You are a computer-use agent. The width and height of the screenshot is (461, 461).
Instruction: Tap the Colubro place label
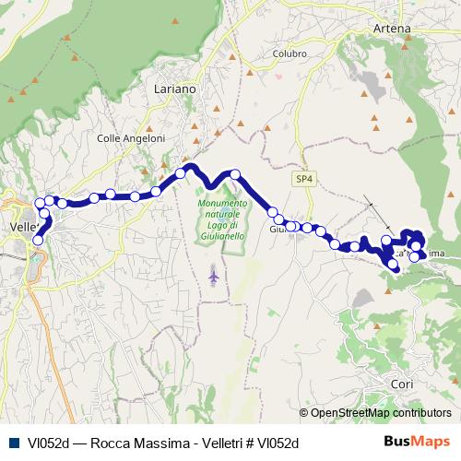pos(290,53)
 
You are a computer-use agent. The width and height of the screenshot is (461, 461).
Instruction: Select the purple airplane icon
pos(214,275)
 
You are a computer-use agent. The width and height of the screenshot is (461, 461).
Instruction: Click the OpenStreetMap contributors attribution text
pos(380,413)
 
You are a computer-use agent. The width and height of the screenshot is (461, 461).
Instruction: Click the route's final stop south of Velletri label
pos(38,241)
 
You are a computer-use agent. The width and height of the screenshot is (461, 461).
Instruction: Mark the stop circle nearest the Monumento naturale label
pos(235,174)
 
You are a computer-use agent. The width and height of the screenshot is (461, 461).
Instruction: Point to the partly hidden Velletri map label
pos(20,227)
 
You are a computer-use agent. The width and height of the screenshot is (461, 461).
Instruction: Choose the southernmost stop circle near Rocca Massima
pos(395,266)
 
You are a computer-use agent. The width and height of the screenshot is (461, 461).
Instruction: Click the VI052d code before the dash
pos(47,443)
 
